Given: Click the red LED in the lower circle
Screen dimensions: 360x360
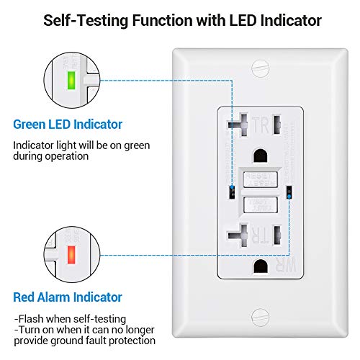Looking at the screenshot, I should [71, 256].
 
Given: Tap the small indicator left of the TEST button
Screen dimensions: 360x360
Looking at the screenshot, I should [232, 192].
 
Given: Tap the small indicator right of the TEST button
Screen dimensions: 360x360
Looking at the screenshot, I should [289, 192].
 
